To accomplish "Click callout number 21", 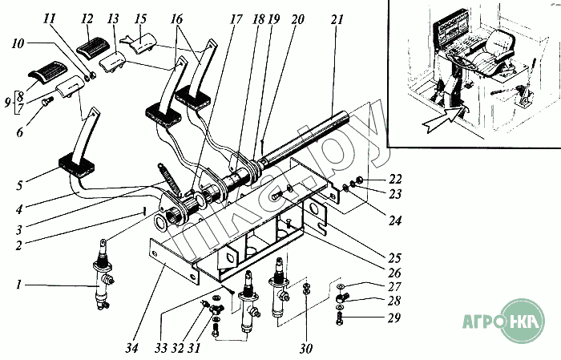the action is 337,20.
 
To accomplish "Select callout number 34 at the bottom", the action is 132,347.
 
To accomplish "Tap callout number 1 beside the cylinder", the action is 18,285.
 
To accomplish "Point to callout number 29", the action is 394,318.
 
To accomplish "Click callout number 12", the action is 87,19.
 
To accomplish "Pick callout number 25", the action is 394,257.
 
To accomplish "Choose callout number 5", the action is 19,185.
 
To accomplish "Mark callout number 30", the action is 306,347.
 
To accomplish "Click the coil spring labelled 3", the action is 168,178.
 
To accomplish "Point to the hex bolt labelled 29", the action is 339,318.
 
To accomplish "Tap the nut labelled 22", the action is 360,179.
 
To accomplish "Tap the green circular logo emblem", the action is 523,321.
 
